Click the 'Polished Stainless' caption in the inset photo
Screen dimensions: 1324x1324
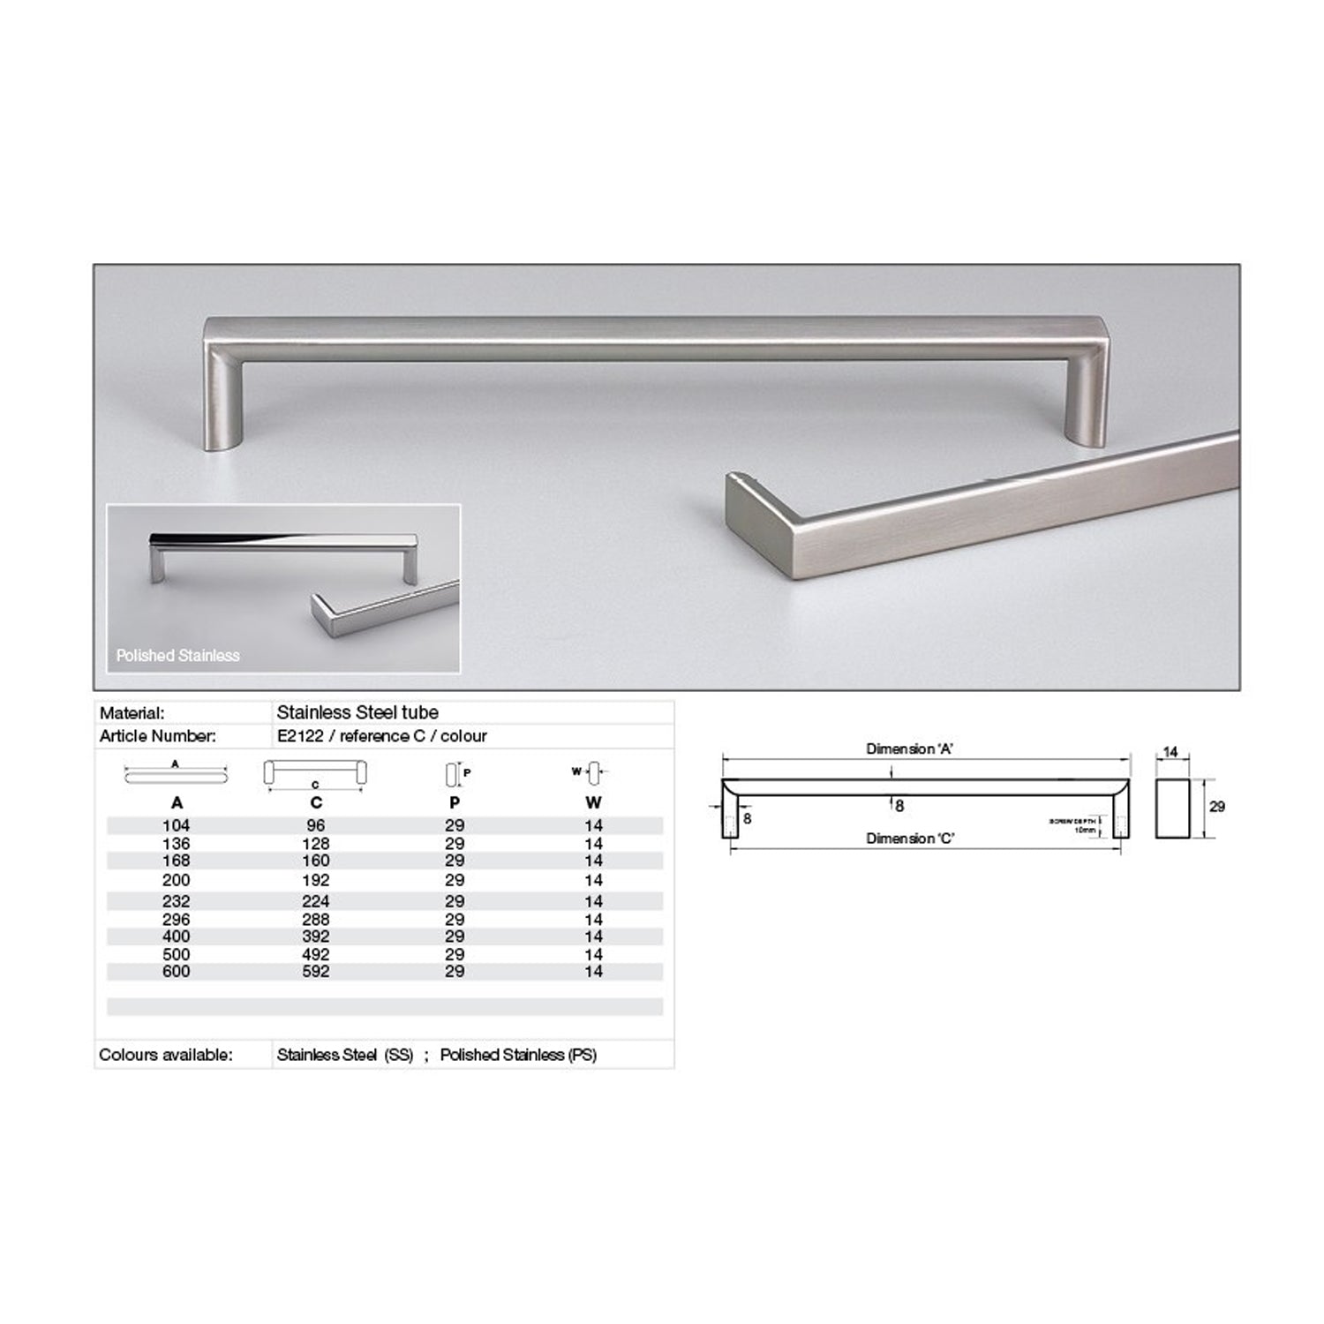click(x=177, y=656)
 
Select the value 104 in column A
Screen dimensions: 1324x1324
click(x=176, y=825)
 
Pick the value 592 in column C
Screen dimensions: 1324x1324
click(x=315, y=971)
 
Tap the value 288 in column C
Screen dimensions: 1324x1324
click(x=315, y=919)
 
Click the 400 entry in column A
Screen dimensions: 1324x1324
click(x=176, y=936)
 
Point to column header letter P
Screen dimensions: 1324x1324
click(x=455, y=802)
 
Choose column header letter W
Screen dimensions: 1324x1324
click(x=593, y=802)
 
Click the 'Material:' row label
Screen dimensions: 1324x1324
click(x=132, y=713)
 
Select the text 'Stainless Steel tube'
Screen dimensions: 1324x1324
click(x=357, y=712)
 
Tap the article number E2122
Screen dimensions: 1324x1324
click(x=300, y=736)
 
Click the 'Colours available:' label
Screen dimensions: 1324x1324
click(x=166, y=1055)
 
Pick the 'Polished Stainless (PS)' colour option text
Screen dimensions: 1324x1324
click(x=518, y=1055)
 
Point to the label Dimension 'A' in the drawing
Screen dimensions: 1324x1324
click(x=909, y=749)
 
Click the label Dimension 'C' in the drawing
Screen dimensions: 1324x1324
click(x=909, y=839)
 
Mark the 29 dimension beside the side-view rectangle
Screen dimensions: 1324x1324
click(x=1216, y=807)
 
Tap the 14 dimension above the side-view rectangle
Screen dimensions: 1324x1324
click(x=1170, y=753)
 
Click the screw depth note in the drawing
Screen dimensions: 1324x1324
click(x=1073, y=825)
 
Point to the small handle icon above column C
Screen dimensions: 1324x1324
click(x=315, y=773)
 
